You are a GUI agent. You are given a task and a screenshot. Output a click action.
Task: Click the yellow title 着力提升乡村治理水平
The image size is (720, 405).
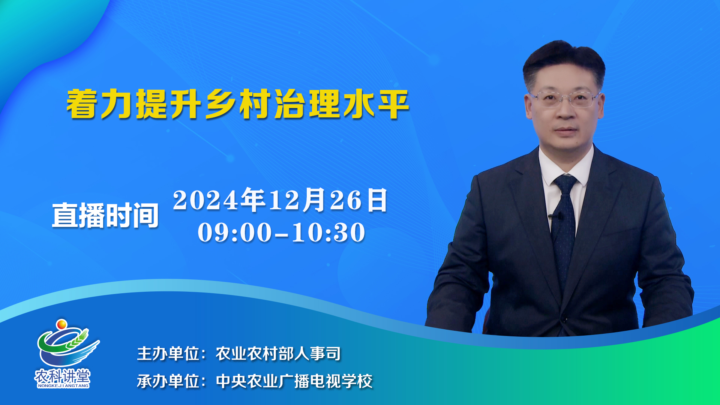[x=238, y=104]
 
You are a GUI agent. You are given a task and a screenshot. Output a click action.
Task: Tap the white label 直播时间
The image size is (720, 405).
[x=105, y=216]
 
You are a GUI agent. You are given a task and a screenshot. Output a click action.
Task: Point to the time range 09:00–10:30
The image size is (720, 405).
[x=281, y=232]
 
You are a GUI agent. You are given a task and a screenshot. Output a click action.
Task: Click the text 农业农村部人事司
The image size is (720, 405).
[x=278, y=354]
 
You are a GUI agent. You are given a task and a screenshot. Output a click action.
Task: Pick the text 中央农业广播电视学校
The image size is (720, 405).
[x=294, y=381]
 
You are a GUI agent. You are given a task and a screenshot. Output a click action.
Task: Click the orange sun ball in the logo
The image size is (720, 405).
[x=61, y=324]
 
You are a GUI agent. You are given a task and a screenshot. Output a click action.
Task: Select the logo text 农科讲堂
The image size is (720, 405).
[x=63, y=376]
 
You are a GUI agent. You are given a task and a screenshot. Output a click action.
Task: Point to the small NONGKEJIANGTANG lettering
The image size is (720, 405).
[x=63, y=385]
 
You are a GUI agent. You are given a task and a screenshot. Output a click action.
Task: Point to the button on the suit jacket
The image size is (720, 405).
[x=564, y=319]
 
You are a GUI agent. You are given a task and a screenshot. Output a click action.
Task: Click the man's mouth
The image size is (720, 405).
[x=566, y=130]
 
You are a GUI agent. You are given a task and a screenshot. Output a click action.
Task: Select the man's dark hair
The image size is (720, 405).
[x=564, y=62]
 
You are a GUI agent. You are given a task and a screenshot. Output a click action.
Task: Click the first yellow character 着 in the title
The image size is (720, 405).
[x=81, y=104]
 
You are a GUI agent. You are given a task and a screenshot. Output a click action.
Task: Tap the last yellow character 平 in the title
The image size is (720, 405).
[x=394, y=104]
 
